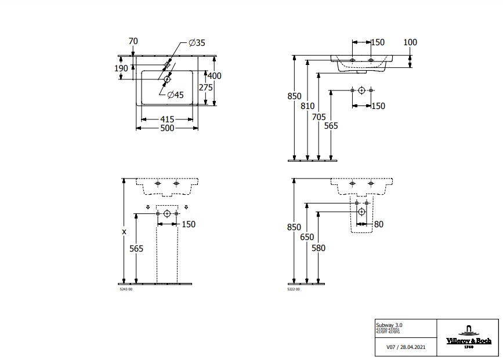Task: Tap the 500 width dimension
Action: click(x=167, y=128)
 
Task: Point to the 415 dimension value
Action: click(x=167, y=119)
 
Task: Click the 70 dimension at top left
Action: click(x=133, y=41)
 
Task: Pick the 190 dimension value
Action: click(x=121, y=68)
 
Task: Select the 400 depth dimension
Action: click(x=215, y=76)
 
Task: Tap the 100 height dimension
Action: click(x=410, y=42)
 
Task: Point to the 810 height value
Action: click(x=307, y=106)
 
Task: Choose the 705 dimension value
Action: click(x=319, y=116)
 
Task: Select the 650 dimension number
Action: click(x=307, y=237)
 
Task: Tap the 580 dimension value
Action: click(x=319, y=248)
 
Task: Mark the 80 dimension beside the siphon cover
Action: click(x=379, y=224)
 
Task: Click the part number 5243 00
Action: click(x=126, y=289)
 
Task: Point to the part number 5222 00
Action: click(x=294, y=289)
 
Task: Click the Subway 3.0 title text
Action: click(x=390, y=325)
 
